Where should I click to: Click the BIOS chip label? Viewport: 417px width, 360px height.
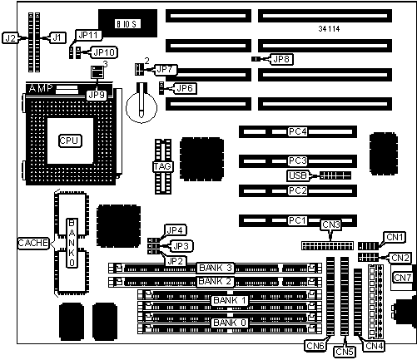tap(127, 24)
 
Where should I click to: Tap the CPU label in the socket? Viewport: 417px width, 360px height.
tap(70, 141)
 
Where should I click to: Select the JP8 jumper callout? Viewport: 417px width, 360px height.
tap(281, 59)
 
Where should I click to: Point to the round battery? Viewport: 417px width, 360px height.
tap(141, 106)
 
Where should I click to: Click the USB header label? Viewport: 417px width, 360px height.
tap(298, 175)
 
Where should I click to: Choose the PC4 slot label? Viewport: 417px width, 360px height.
tap(297, 131)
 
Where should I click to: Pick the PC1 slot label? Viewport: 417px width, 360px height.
tap(297, 220)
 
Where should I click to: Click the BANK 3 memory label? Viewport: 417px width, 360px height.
tap(216, 268)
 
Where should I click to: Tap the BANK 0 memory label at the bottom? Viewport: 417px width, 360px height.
tap(230, 323)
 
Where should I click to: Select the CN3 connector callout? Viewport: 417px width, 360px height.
tap(331, 224)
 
